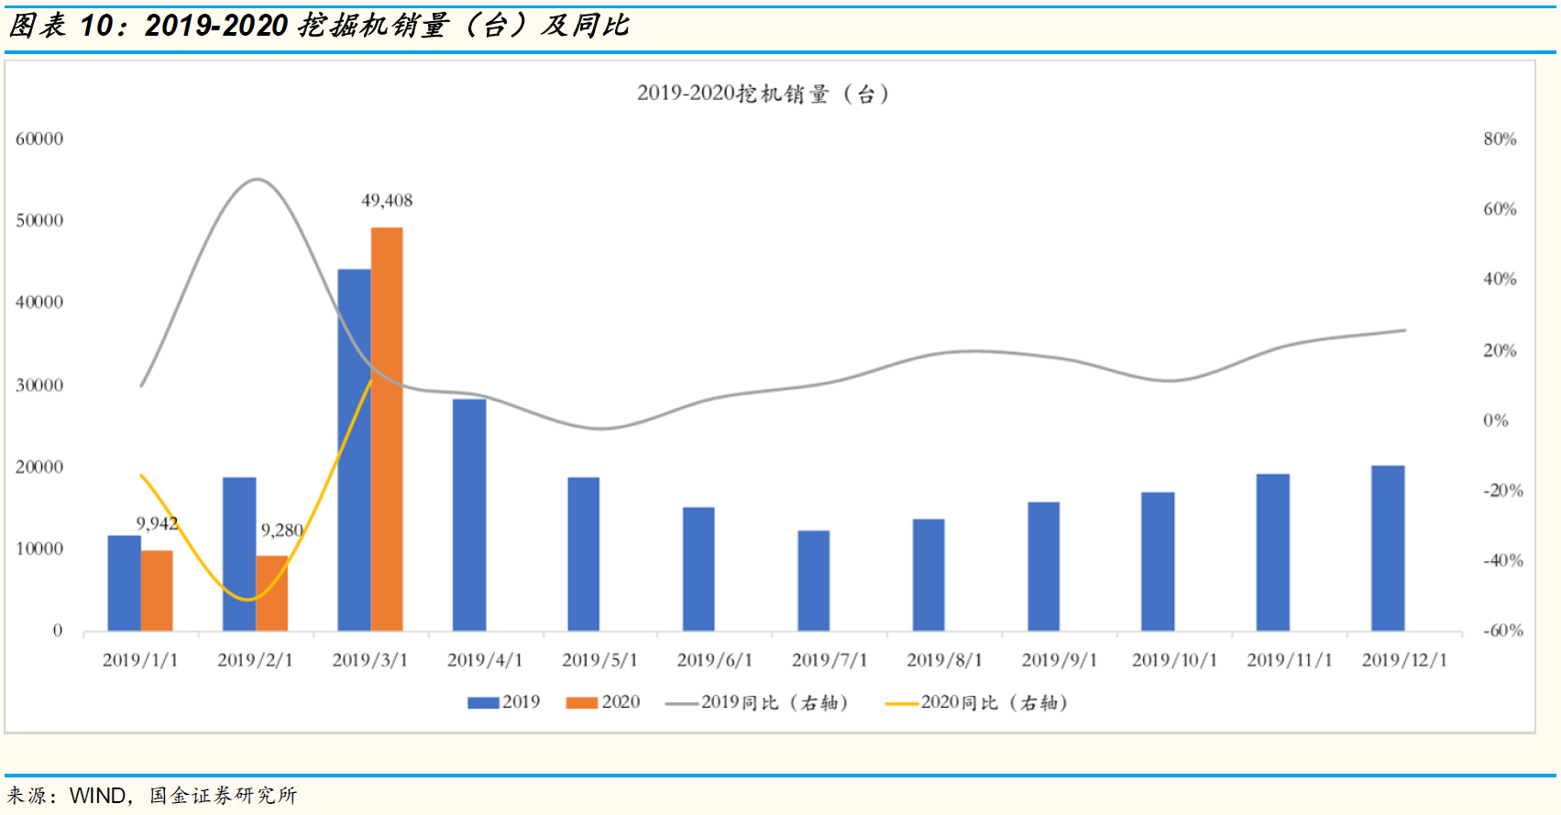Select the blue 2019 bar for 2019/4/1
469,514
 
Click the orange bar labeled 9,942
157,590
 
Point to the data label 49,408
387,201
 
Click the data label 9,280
281,530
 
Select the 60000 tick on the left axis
39,139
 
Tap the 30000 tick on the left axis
39,385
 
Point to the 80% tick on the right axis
1500,139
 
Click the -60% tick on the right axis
1502,631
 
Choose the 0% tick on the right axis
1495,421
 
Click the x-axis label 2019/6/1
714,660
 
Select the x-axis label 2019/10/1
1174,660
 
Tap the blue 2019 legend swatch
483,703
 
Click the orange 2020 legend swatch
582,703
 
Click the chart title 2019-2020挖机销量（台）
763,94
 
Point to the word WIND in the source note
98,796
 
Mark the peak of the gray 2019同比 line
257,180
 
